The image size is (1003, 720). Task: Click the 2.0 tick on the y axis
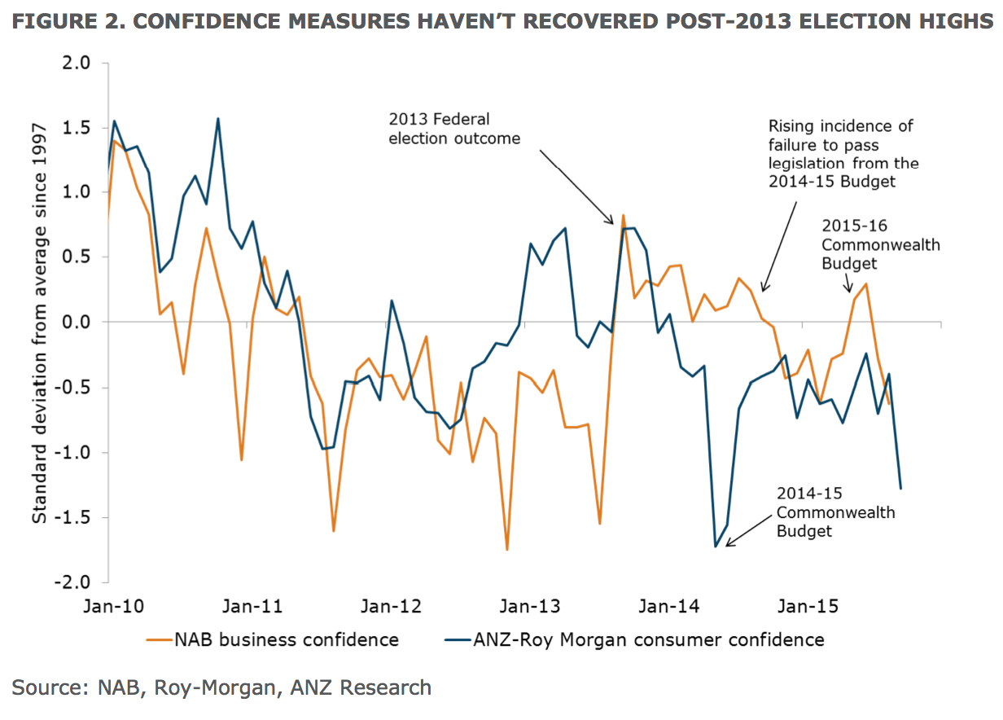coord(78,63)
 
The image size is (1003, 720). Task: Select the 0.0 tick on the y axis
coord(78,323)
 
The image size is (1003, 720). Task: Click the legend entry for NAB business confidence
coord(286,639)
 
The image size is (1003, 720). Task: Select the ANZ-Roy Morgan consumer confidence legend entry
coord(648,639)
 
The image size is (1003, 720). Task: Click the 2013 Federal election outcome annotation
coord(454,129)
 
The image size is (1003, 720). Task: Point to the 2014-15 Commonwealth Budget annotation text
coord(834,512)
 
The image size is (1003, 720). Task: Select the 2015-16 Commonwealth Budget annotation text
coord(880,244)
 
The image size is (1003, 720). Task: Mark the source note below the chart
coord(221,687)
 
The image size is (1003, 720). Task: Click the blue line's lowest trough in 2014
coord(716,546)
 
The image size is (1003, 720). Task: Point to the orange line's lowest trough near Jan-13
coord(507,550)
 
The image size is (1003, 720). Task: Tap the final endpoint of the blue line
coord(901,489)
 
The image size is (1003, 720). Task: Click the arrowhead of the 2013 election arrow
coord(614,222)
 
